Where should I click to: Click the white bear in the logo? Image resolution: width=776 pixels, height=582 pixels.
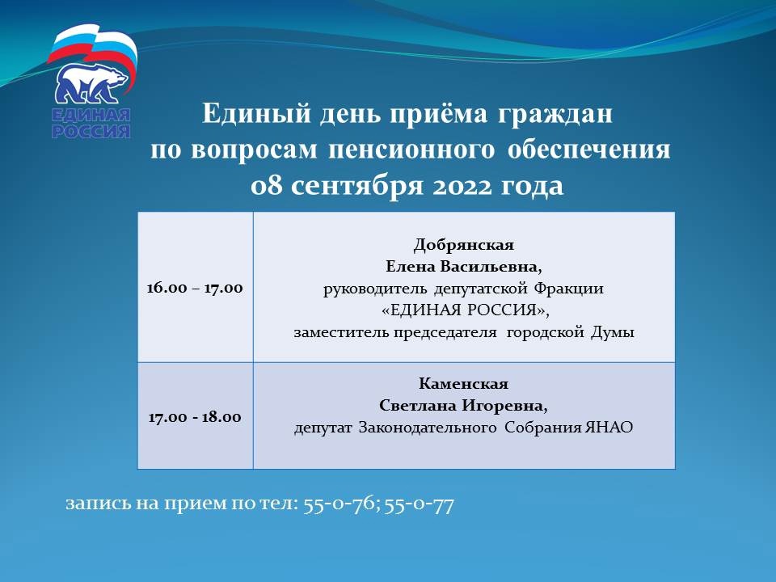91,83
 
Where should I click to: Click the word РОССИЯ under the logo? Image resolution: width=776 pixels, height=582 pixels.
91,131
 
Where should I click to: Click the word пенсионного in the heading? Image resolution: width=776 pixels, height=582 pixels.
411,150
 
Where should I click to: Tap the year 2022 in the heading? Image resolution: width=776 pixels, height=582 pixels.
462,186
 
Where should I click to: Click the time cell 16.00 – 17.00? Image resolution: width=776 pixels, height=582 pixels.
195,288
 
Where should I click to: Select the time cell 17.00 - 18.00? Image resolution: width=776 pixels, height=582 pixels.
195,417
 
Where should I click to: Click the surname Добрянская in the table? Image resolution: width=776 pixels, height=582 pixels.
464,245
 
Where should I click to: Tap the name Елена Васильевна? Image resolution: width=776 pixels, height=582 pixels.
464,267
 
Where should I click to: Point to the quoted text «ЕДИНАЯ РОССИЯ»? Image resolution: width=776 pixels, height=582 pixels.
466,310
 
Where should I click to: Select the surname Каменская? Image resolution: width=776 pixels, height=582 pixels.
464,383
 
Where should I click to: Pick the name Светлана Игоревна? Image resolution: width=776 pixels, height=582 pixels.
464,405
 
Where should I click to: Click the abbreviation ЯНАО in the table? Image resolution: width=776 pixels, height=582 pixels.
609,427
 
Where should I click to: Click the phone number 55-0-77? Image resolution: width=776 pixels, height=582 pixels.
420,504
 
